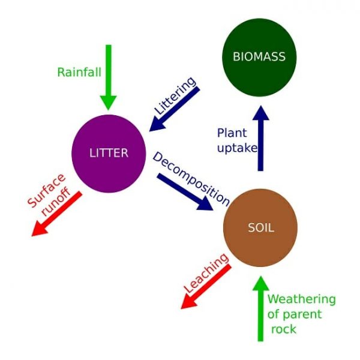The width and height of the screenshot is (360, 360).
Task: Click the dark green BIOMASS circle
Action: pos(259,58)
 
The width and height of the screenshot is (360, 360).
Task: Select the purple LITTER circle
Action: pos(109,154)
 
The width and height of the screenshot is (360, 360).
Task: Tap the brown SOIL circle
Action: pos(260,228)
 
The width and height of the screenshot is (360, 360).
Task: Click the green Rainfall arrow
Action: pos(109,77)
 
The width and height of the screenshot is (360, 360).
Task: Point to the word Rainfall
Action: pos(79,72)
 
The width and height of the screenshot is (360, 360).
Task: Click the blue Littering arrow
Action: pos(175,109)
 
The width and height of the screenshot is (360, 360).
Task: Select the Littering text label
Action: pos(175,95)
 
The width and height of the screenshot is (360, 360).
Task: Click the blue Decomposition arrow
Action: pos(185,192)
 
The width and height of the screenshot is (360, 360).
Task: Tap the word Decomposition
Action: pos(191,179)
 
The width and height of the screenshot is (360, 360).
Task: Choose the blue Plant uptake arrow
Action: pos(260,138)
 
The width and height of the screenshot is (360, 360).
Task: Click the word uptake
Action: pos(237,148)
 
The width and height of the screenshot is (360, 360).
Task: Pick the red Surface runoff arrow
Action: pos(57,214)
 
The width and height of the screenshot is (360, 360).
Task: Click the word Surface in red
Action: pos(47,190)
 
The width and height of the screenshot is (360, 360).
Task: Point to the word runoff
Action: pos(56,202)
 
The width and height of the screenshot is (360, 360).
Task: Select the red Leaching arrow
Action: pos(206,287)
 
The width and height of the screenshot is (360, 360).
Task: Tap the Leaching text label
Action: pos(206,273)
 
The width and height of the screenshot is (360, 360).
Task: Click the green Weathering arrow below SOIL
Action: pos(260,309)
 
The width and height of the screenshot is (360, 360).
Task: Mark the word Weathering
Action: pos(301,299)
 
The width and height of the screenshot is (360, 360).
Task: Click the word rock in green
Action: pos(284,329)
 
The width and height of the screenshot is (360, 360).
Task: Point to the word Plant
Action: pos(232,133)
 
